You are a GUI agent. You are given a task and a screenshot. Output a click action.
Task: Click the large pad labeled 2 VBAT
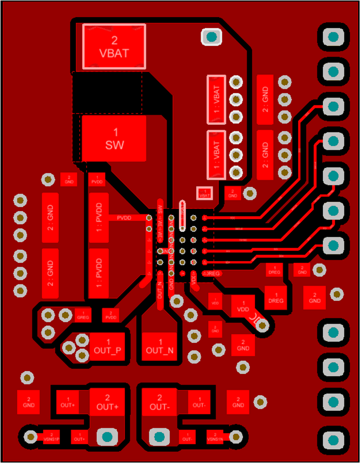(x=114, y=46)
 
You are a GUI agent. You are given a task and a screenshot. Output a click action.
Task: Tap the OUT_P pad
(x=108, y=346)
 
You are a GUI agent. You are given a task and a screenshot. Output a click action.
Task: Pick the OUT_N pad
(x=160, y=346)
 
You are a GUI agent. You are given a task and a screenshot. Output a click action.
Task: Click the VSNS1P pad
(x=52, y=437)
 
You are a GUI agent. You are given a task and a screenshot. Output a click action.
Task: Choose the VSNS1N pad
(x=215, y=437)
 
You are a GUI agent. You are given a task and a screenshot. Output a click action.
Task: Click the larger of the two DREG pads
(x=276, y=297)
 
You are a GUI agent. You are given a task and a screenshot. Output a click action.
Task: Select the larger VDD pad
(x=243, y=306)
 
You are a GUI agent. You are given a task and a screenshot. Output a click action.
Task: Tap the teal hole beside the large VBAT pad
(x=211, y=36)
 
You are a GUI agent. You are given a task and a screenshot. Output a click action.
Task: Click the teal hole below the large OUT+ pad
(x=107, y=437)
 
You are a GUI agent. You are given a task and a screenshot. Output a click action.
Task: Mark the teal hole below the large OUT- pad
(x=159, y=437)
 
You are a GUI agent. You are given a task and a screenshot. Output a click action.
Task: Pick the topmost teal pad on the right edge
(x=333, y=36)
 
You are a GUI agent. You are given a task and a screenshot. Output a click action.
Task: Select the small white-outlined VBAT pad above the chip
(x=204, y=193)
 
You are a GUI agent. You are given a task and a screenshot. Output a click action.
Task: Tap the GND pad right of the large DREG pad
(x=315, y=297)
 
